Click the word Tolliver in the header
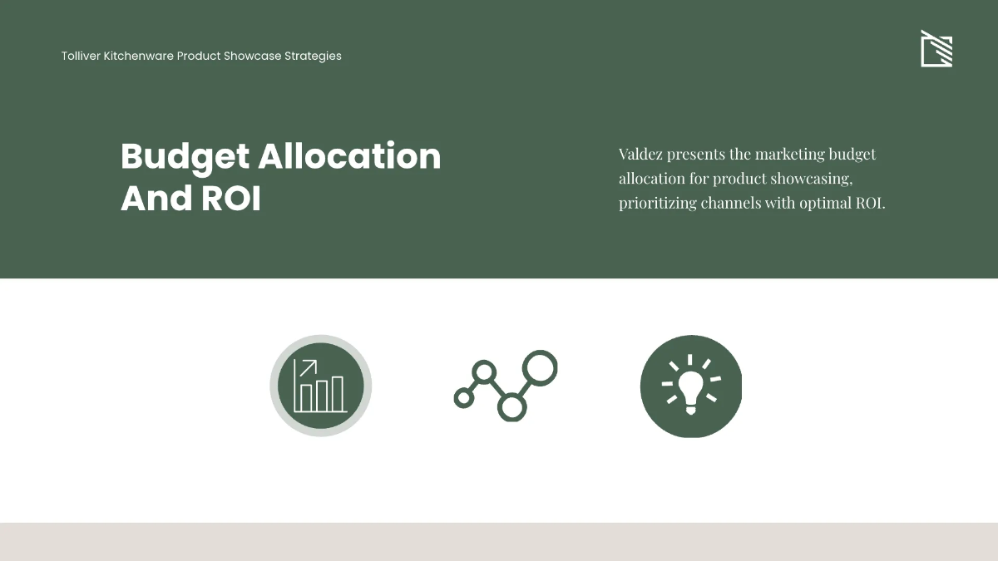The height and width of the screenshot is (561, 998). click(x=81, y=56)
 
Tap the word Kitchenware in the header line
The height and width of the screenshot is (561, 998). click(x=139, y=56)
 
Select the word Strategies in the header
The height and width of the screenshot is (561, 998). click(x=313, y=57)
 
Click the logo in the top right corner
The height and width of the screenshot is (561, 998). click(x=936, y=48)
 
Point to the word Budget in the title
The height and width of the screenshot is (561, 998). click(x=185, y=158)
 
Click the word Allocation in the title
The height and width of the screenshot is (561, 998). click(x=350, y=156)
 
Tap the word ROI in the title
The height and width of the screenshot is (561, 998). click(x=231, y=198)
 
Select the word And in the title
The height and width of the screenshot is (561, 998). click(x=156, y=198)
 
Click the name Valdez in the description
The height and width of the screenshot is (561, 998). click(x=640, y=154)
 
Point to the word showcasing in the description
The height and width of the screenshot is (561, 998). click(x=812, y=179)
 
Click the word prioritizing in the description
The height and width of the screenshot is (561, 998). click(x=658, y=204)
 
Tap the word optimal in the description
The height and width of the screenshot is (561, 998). click(x=825, y=204)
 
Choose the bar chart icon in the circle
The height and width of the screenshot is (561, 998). click(x=321, y=386)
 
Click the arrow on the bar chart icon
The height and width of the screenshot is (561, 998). click(x=308, y=367)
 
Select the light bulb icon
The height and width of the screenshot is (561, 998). click(x=691, y=386)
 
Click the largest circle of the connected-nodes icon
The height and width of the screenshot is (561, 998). click(x=540, y=368)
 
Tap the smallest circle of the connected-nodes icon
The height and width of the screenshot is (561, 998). click(x=464, y=397)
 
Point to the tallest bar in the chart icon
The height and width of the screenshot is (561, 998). click(x=338, y=394)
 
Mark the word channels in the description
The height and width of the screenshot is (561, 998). click(x=731, y=203)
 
